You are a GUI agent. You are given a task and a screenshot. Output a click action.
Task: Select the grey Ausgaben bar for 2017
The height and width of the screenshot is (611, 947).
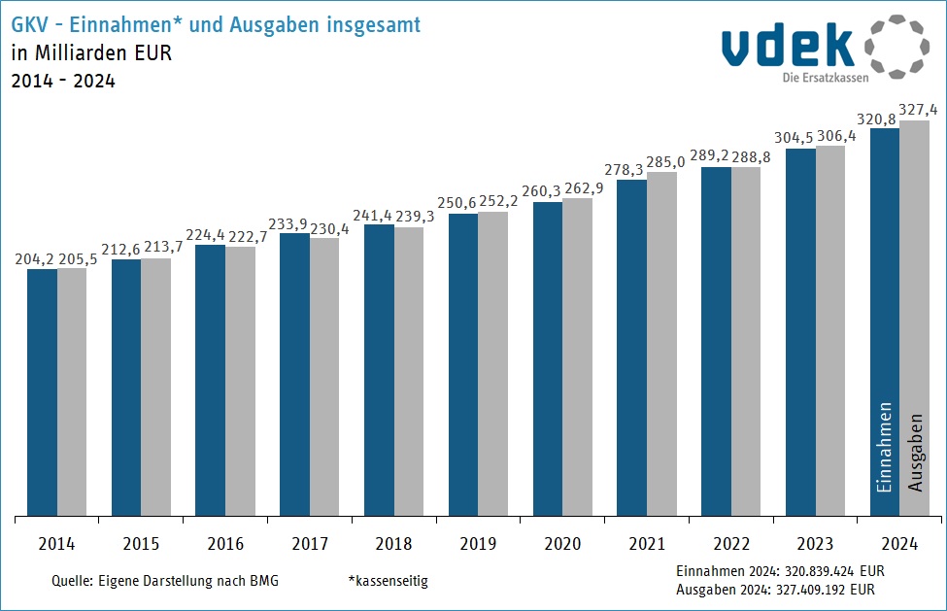click(324, 376)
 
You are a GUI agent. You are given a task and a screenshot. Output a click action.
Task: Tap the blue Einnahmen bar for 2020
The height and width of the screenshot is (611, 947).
click(548, 358)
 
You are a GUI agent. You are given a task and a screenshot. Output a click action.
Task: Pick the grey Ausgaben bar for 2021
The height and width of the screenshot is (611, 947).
click(661, 344)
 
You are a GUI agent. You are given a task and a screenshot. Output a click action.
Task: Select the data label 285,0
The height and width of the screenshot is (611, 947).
click(665, 162)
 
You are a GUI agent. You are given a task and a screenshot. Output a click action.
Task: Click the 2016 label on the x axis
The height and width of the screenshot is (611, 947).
click(224, 545)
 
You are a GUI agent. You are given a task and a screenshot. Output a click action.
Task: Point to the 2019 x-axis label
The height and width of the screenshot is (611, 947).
click(478, 545)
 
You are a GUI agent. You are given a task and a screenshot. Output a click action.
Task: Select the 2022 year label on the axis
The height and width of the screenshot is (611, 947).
click(730, 545)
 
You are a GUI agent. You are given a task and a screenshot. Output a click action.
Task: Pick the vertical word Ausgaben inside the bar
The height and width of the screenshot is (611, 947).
click(915, 453)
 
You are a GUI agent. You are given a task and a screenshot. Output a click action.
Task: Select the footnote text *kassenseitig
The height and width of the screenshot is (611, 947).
click(388, 581)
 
